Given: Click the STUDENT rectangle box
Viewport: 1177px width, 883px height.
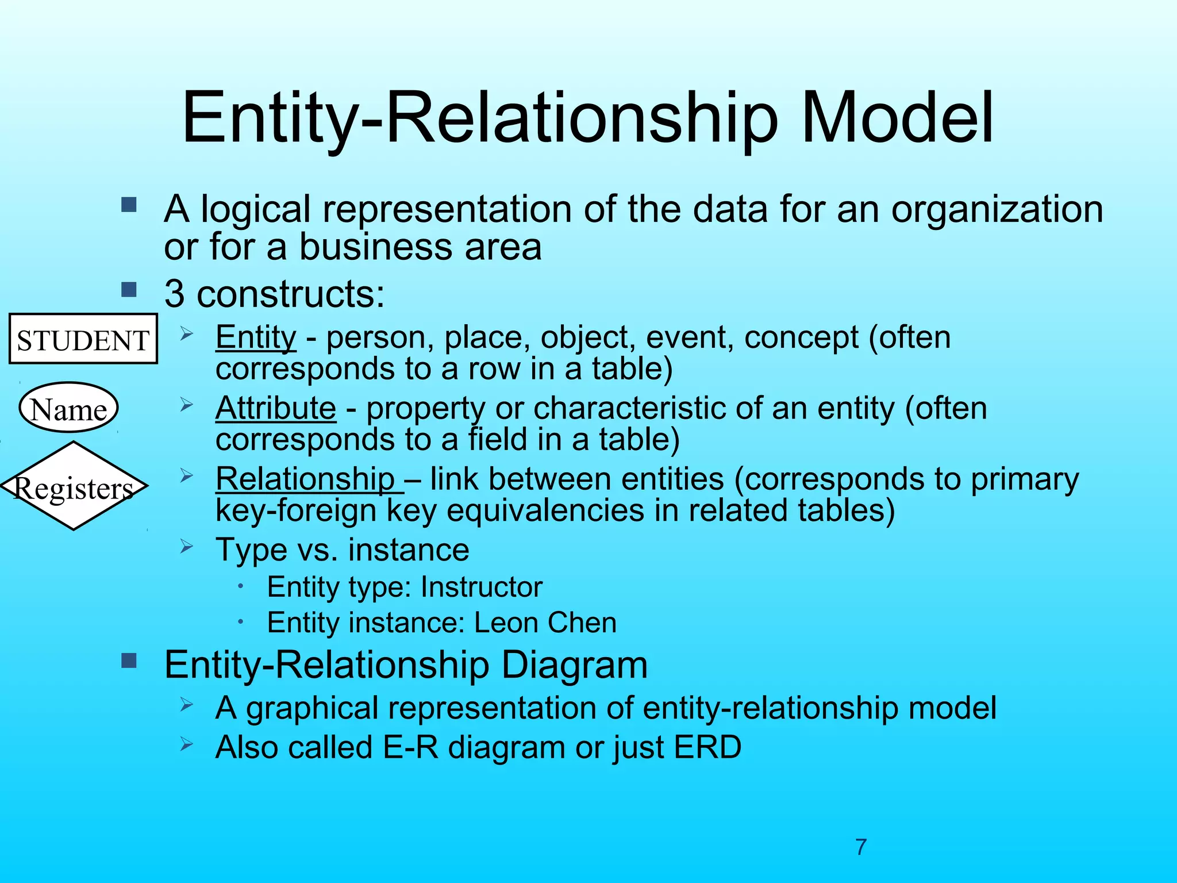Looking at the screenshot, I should [83, 339].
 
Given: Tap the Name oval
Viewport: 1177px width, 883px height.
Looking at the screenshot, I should [68, 408].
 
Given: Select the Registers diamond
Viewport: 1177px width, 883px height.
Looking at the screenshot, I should [74, 486].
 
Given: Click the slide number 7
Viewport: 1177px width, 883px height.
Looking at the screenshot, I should [860, 847].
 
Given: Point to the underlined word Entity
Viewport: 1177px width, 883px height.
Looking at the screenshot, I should [256, 337].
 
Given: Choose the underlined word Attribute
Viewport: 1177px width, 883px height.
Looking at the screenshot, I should [276, 408].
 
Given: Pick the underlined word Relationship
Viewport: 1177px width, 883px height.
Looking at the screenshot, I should [305, 479].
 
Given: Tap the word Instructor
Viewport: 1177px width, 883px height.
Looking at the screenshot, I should [481, 587].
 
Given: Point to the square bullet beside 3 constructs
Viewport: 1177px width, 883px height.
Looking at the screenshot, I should [129, 289].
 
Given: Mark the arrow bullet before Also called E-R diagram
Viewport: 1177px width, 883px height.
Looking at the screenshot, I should [186, 744].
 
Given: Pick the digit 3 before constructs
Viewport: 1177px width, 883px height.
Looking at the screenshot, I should [175, 294].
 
